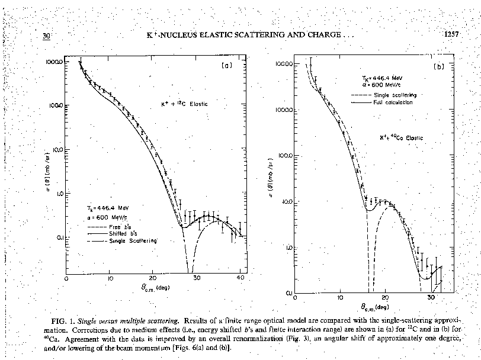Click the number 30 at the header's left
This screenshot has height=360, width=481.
(x=47, y=36)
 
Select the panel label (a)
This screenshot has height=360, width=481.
(x=226, y=65)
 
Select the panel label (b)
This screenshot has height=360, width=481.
(x=439, y=67)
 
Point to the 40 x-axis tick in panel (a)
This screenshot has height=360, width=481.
(x=240, y=278)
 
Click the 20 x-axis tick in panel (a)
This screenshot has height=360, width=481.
(x=153, y=278)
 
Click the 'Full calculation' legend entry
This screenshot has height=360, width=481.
(x=393, y=102)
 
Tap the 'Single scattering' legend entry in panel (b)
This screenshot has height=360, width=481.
(x=395, y=95)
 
